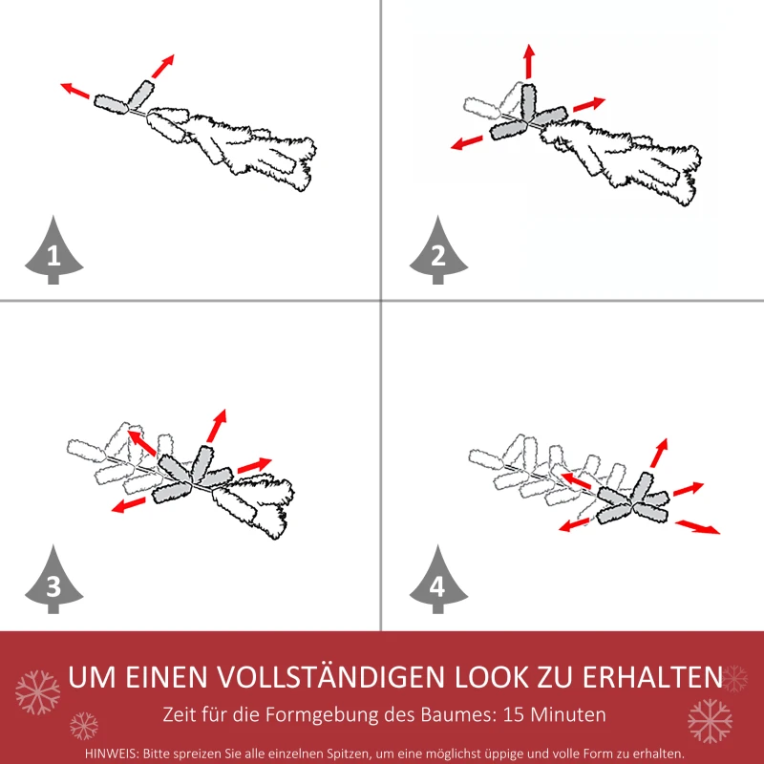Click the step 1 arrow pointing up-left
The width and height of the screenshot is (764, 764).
pyautogui.click(x=75, y=91)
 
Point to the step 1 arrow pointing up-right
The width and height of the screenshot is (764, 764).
pyautogui.click(x=162, y=65)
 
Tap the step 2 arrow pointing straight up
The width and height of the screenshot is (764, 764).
pyautogui.click(x=528, y=62)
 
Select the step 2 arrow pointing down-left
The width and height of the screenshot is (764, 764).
pyautogui.click(x=467, y=142)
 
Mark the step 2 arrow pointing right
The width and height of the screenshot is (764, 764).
pyautogui.click(x=589, y=103)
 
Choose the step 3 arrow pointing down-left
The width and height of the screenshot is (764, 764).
pyautogui.click(x=128, y=503)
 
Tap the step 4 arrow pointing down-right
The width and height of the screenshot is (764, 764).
pyautogui.click(x=698, y=526)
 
